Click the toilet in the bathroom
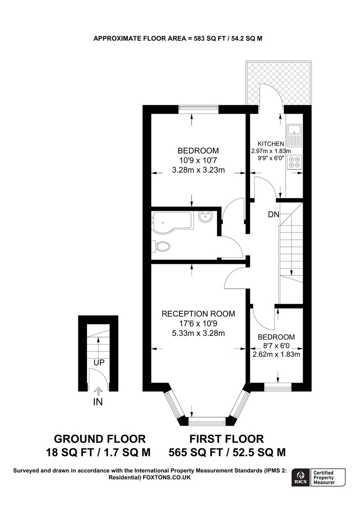tap(161, 246)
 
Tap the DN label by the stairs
tap(273, 215)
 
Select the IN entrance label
tap(98, 402)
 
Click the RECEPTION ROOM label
tap(198, 314)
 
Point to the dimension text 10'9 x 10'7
tap(198, 161)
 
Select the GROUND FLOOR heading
tap(100, 439)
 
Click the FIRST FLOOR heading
tap(227, 439)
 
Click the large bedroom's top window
tap(198, 109)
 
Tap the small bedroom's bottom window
tap(278, 386)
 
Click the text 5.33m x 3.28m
tap(198, 333)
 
